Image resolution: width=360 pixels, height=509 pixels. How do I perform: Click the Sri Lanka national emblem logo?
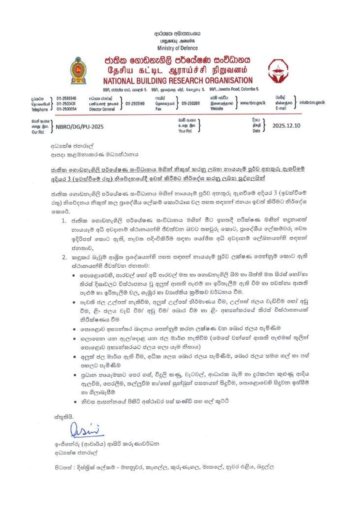(78, 70)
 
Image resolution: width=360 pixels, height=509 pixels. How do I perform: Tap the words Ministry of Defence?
(177, 48)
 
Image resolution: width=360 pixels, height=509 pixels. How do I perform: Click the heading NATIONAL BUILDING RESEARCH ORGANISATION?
(178, 81)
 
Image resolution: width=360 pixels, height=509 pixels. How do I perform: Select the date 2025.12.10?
(286, 126)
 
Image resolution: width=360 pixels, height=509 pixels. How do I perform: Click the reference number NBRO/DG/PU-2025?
(80, 127)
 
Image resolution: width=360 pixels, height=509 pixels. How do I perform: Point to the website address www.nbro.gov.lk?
(253, 103)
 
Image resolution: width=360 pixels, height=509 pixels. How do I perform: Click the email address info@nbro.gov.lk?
(312, 103)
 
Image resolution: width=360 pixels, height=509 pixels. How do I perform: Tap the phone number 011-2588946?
(66, 98)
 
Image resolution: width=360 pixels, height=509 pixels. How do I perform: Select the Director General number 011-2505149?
(135, 104)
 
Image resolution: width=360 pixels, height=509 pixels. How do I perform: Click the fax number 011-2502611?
(191, 104)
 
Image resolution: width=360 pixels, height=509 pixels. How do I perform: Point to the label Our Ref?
(38, 132)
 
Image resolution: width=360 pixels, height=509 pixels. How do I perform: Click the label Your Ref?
(185, 131)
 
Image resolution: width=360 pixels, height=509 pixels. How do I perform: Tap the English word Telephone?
(39, 110)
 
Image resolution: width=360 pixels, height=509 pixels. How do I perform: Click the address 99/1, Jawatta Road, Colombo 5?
(234, 89)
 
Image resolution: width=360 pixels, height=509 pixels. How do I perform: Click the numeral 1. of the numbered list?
(64, 221)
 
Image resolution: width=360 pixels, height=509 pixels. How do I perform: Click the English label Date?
(256, 131)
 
